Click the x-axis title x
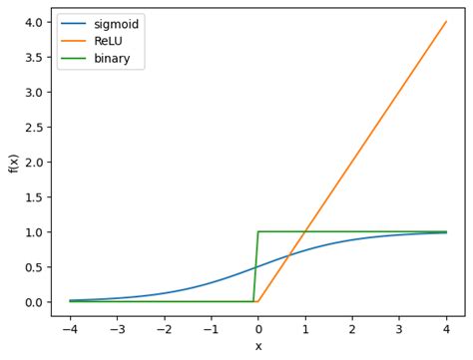[258, 346]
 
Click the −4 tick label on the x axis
[70, 328]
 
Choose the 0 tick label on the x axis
[258, 328]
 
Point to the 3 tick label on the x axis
[399, 328]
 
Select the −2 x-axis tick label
[164, 328]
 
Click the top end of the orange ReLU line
[446, 22]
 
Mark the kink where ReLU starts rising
[258, 301]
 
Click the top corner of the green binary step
[258, 231]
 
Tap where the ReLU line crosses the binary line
[305, 231]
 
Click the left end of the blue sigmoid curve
[70, 300]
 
